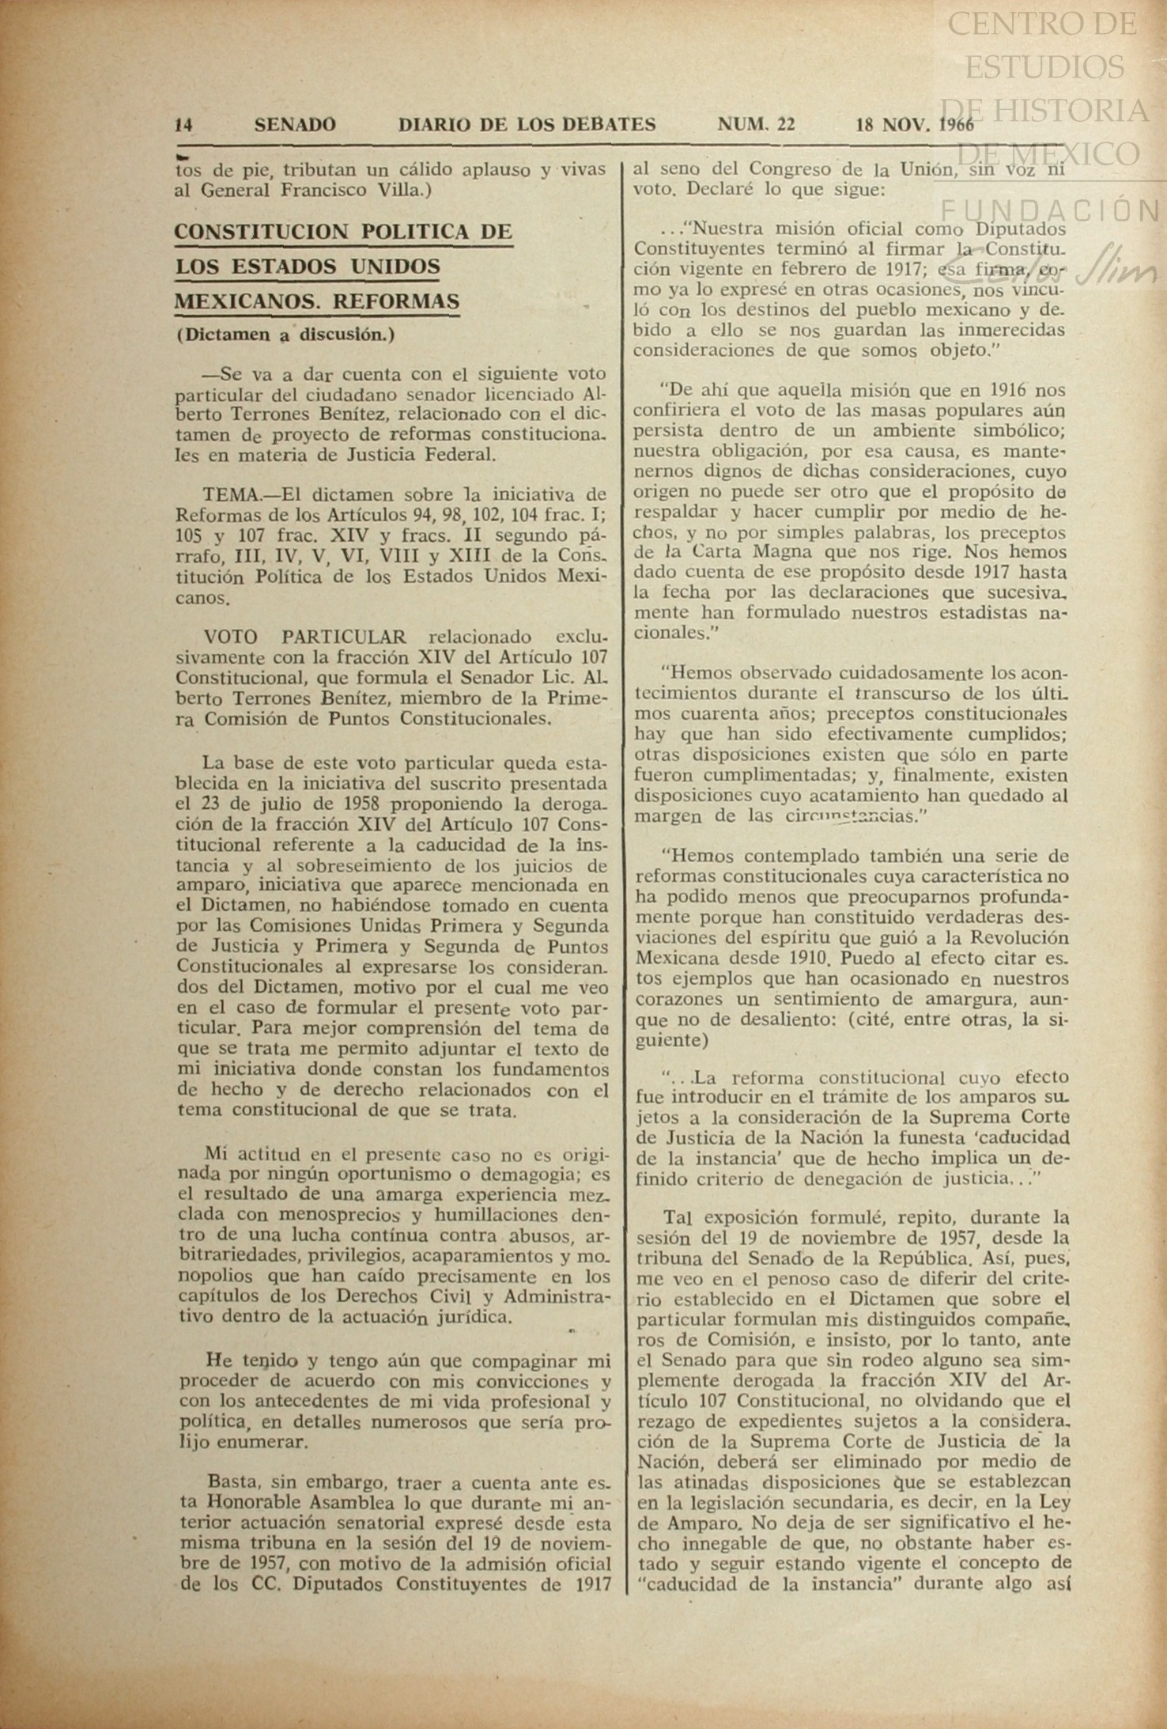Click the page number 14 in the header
point(185,125)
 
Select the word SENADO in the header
point(295,125)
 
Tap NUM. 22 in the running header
point(756,124)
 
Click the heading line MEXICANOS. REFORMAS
point(316,302)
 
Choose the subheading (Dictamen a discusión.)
point(285,335)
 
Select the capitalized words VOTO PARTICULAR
point(305,637)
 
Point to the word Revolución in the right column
point(1021,938)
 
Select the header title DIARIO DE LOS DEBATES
point(527,125)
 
